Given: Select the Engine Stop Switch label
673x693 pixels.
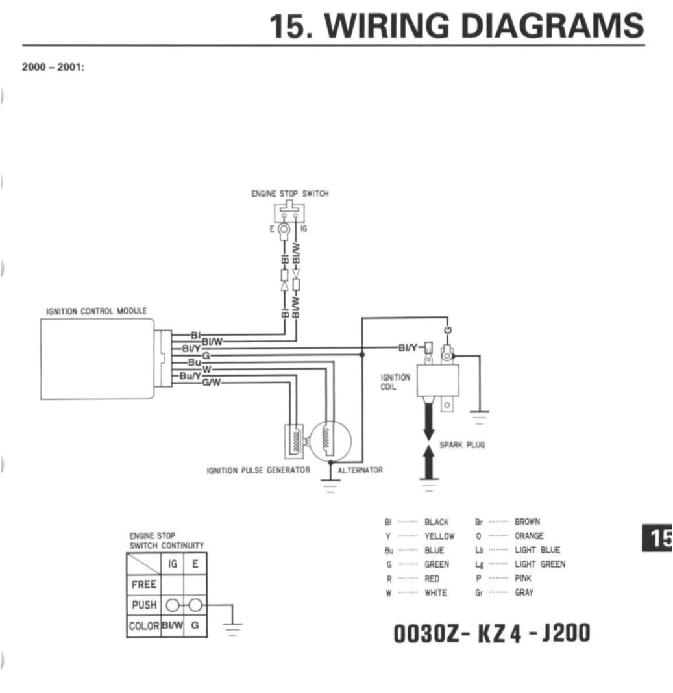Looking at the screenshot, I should pyautogui.click(x=289, y=194).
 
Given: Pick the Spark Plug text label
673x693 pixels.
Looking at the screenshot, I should pyautogui.click(x=462, y=446).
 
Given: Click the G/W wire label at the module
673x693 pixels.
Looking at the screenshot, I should pyautogui.click(x=212, y=382).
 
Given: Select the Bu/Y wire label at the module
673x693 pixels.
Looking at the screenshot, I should pyautogui.click(x=190, y=376).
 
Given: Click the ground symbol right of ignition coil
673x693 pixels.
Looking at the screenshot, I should pyautogui.click(x=480, y=416).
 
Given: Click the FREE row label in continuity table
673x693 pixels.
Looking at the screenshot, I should pyautogui.click(x=143, y=584).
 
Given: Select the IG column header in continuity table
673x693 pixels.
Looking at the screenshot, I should pyautogui.click(x=173, y=564).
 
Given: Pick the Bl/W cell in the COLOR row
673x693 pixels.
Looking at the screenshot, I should pyautogui.click(x=172, y=625).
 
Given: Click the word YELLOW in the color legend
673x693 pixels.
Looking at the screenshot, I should pyautogui.click(x=439, y=536).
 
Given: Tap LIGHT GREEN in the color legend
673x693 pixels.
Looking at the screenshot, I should pyautogui.click(x=539, y=564).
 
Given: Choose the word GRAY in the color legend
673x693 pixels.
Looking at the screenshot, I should pyautogui.click(x=524, y=592).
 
